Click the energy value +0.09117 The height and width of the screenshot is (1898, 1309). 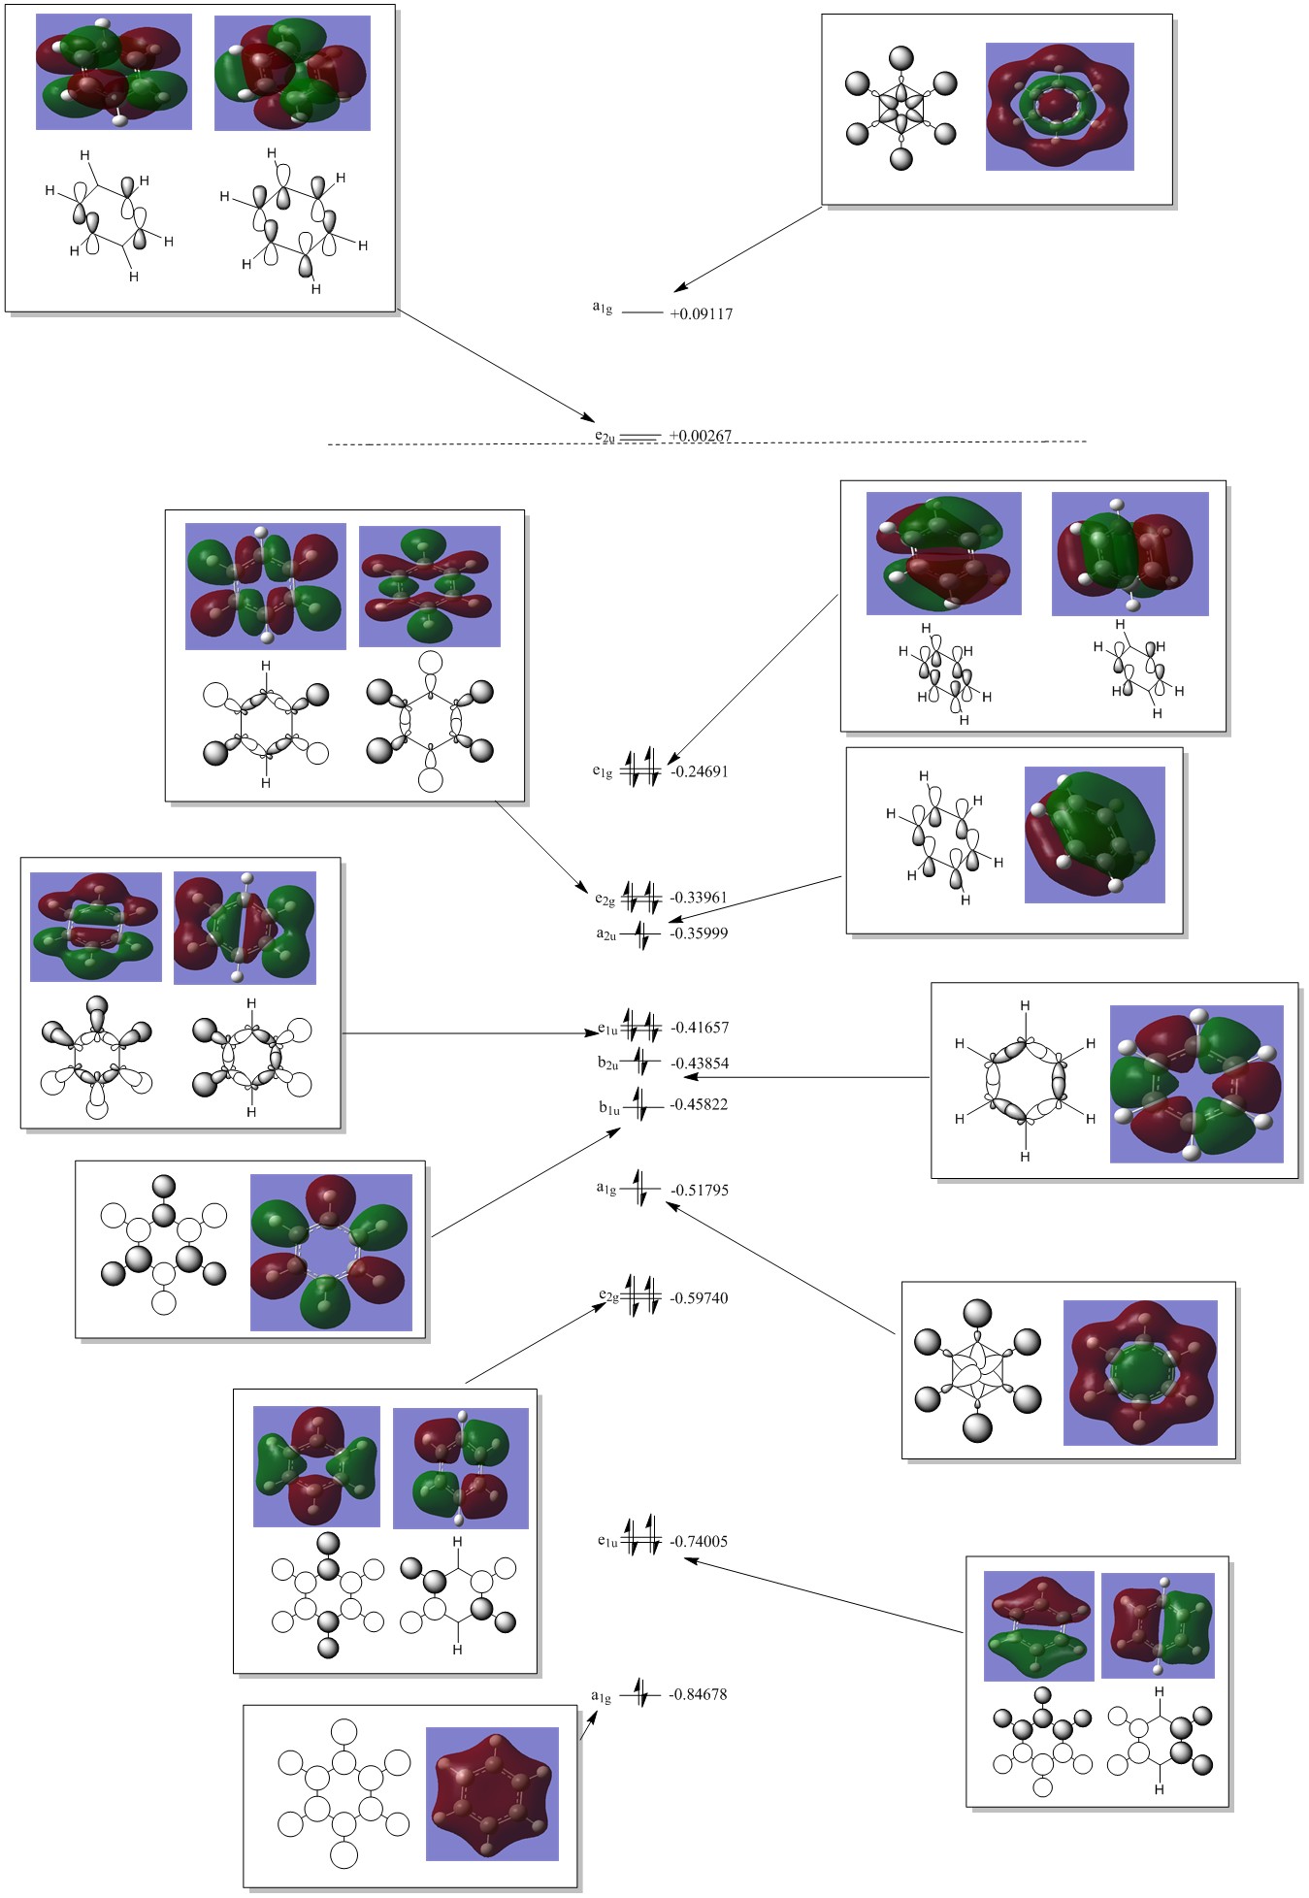[701, 314]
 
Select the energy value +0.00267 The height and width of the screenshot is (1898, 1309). [700, 437]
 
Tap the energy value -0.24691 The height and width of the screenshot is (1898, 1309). [699, 772]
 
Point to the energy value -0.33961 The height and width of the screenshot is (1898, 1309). [699, 899]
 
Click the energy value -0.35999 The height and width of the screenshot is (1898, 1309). [699, 933]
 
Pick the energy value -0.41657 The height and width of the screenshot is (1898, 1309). [699, 1028]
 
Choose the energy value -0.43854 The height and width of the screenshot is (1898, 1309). [699, 1064]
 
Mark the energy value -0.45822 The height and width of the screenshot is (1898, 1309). [699, 1105]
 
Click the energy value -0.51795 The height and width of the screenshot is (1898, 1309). [699, 1191]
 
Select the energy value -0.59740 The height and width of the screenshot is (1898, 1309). [699, 1298]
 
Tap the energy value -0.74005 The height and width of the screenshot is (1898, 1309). [699, 1542]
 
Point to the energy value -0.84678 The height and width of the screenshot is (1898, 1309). [699, 1695]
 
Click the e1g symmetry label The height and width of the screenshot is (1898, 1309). [603, 772]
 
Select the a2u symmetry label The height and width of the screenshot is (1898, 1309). [605, 934]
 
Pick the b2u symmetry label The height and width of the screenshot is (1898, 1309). [607, 1064]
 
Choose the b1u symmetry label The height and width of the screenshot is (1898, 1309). [608, 1107]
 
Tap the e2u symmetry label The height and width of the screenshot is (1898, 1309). [605, 438]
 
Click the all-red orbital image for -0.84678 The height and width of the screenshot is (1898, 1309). [492, 1793]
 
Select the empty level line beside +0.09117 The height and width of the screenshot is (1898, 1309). [641, 313]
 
